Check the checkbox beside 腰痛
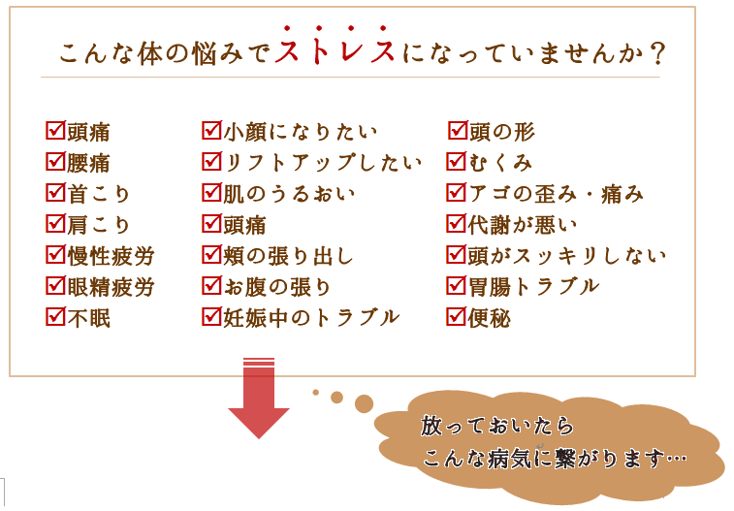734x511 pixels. [x=55, y=161]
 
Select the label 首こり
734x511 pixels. [x=98, y=194]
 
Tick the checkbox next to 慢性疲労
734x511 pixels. [x=55, y=255]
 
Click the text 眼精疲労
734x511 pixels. [x=111, y=287]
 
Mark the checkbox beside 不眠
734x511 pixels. [x=55, y=316]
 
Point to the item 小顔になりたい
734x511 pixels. [x=301, y=131]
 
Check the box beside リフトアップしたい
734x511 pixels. [x=211, y=161]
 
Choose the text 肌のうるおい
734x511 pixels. [x=290, y=194]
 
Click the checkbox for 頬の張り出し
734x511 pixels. [x=211, y=255]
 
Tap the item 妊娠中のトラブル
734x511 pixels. [x=312, y=317]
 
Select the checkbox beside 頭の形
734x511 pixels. [x=458, y=130]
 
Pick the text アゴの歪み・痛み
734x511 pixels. [x=556, y=194]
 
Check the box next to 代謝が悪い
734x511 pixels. [x=456, y=224]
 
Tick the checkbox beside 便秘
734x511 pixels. [x=456, y=317]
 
